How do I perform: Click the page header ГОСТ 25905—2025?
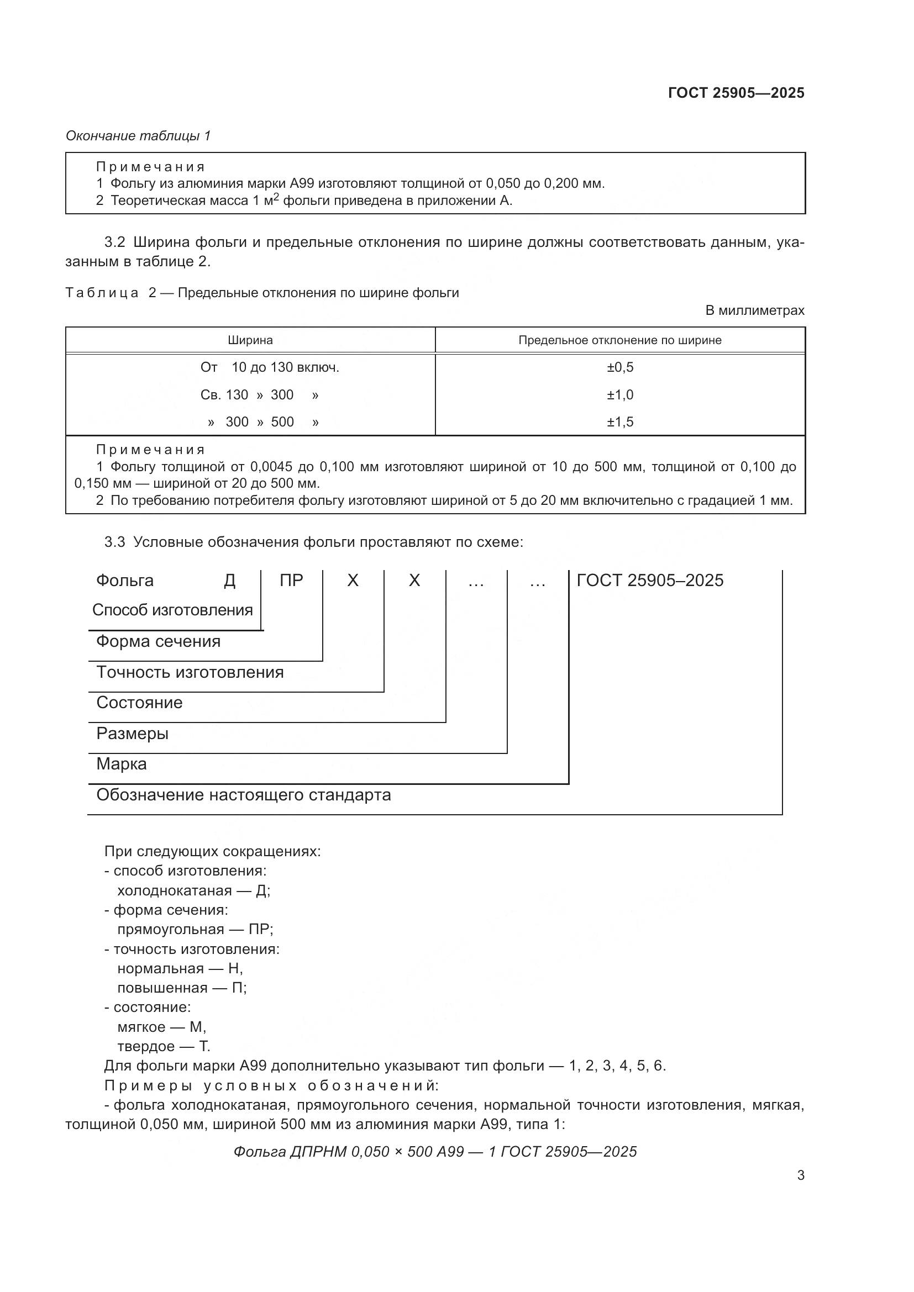point(736,93)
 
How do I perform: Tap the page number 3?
point(800,1175)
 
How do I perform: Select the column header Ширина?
point(250,340)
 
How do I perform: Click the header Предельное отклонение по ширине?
point(619,340)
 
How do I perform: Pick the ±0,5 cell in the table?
point(619,367)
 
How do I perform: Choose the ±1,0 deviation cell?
point(619,394)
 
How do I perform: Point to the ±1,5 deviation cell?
point(619,421)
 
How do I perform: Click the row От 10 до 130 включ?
point(270,367)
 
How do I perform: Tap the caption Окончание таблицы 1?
point(138,136)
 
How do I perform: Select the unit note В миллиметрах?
point(755,310)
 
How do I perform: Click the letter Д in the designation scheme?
point(230,580)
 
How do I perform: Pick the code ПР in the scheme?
point(291,580)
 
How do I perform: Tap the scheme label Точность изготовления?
point(190,672)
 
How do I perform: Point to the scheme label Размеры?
point(132,733)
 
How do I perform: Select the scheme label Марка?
point(122,763)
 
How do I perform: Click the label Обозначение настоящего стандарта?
point(243,794)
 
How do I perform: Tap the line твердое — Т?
point(163,1046)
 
